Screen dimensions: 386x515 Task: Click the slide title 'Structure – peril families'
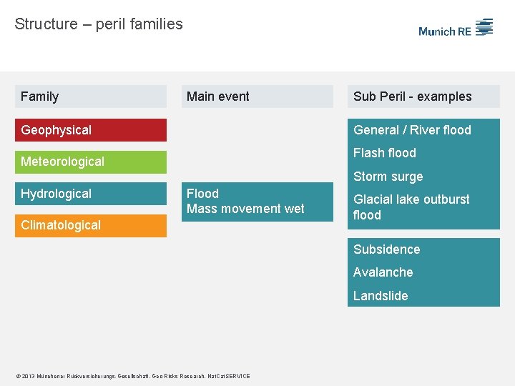(99, 24)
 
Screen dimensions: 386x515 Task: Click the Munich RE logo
(456, 29)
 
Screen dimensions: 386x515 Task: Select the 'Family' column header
(90, 96)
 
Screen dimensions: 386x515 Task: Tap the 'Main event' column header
(257, 96)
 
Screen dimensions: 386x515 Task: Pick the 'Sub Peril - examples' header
(423, 96)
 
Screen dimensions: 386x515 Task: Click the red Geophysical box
(90, 130)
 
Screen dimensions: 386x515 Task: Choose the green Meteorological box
(90, 162)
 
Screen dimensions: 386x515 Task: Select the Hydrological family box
(90, 194)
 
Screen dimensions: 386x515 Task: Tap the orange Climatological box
(90, 225)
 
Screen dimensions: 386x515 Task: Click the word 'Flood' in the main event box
(202, 194)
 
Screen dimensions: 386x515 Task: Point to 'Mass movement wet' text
(245, 209)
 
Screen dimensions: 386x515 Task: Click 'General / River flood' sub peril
(412, 130)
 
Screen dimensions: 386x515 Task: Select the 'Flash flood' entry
(385, 153)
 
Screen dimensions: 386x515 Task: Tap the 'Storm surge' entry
(388, 177)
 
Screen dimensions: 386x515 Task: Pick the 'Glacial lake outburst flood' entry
(411, 207)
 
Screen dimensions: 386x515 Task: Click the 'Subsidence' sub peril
(387, 249)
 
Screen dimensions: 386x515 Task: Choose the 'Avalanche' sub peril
(383, 272)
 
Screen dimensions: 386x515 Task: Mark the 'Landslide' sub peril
(381, 296)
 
